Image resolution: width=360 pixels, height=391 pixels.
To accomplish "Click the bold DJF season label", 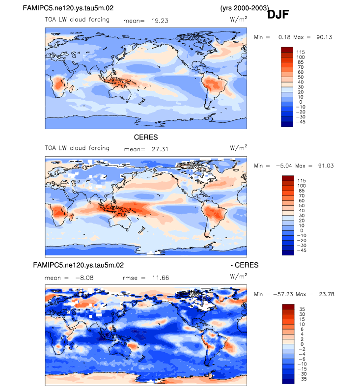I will (278, 15).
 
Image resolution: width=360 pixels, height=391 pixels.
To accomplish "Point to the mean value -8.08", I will (79, 278).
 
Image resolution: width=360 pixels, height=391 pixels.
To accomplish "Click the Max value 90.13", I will (324, 37).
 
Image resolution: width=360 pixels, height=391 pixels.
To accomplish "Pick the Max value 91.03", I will (324, 166).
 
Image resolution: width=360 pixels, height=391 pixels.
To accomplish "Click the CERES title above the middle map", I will (146, 137).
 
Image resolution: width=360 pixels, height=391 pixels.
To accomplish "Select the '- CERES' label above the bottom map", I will (244, 265).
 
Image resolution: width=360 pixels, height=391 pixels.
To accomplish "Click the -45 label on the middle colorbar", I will (301, 250).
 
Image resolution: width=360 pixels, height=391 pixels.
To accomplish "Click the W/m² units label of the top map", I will (238, 21).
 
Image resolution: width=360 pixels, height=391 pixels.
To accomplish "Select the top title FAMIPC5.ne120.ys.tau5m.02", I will (73, 8).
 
